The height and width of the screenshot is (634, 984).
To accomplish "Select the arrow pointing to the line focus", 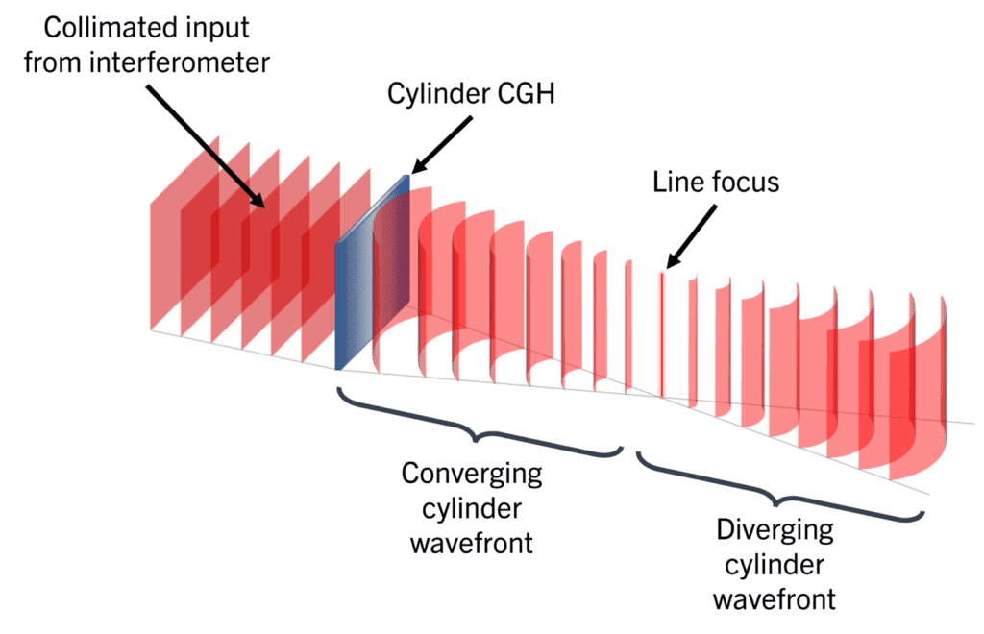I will pos(691,234).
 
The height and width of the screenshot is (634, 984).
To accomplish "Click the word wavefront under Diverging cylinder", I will pos(775,599).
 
